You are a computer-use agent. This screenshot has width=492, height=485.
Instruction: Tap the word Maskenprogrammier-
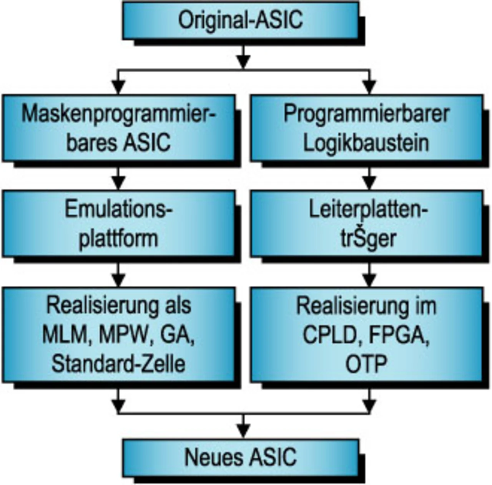tap(118, 114)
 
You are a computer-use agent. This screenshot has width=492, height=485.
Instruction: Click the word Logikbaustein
tap(366, 143)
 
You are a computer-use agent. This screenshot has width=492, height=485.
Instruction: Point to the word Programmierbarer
tap(366, 114)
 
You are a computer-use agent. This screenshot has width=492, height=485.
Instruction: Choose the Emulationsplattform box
tap(118, 223)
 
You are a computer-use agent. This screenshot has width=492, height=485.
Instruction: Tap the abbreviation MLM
tap(63, 335)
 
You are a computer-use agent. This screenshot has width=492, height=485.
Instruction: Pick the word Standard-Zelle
tap(118, 363)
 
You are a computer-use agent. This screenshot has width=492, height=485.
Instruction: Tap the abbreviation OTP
tap(366, 364)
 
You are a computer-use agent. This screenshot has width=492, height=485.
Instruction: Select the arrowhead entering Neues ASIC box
tap(243, 431)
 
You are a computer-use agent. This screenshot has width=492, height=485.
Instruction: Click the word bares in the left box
tap(92, 143)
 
